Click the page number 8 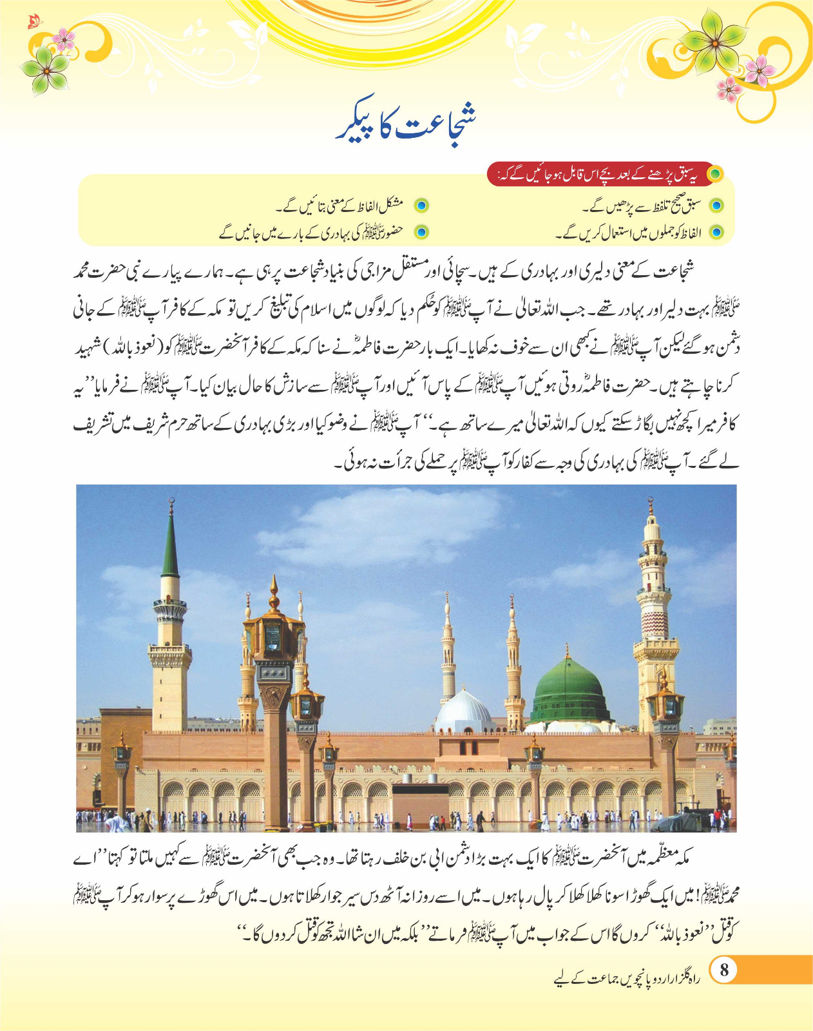pos(724,970)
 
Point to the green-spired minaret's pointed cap pos(170,548)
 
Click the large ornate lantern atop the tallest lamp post pos(274,635)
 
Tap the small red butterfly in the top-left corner pos(33,23)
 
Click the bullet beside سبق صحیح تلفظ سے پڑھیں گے pos(716,206)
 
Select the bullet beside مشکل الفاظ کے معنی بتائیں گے pos(421,206)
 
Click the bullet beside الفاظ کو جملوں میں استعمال pos(716,233)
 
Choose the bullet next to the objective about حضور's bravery pos(421,232)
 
